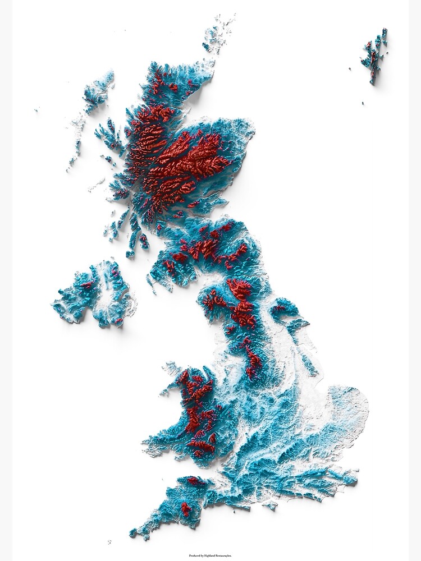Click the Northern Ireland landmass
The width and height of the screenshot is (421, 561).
click(93, 295)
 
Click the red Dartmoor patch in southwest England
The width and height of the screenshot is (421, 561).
click(186, 509)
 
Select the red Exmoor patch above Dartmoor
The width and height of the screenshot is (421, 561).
click(196, 481)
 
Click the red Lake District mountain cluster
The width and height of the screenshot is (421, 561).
click(213, 300)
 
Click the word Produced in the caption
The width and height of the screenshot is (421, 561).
click(194, 555)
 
